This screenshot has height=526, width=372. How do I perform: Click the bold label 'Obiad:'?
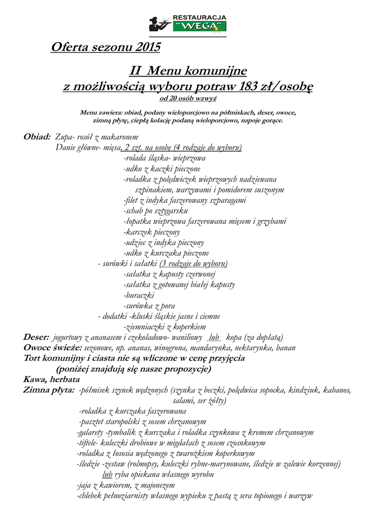pos(37,137)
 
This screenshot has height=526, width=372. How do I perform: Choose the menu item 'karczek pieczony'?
pos(152,232)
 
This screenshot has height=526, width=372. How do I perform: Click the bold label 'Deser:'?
pos(36,337)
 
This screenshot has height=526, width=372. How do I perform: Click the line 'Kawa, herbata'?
pos(51,380)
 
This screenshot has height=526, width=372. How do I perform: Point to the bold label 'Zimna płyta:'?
pos(49,390)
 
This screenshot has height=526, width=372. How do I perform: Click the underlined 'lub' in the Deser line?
pos(214,337)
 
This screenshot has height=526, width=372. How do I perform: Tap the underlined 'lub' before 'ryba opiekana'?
pos(107,475)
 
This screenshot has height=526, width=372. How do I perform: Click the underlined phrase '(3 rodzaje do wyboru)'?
pos(194,264)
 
